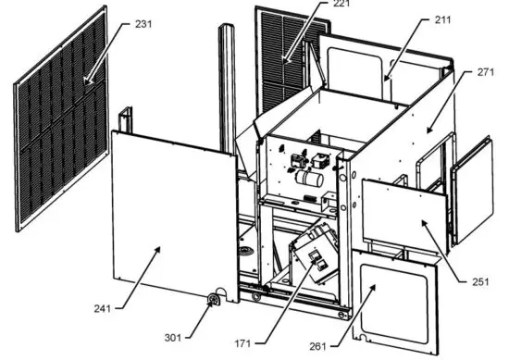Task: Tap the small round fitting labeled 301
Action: tap(213, 299)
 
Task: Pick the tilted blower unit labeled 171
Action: tap(315, 254)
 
